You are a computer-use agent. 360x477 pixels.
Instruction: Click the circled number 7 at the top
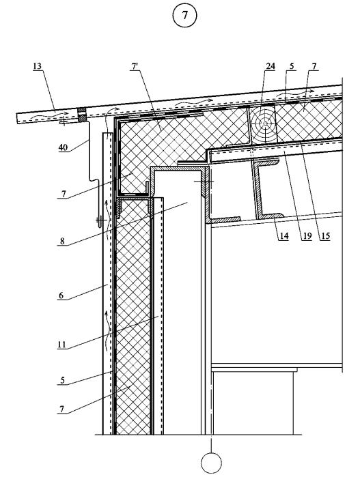pyautogui.click(x=184, y=15)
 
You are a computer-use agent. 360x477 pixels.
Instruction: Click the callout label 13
pyautogui.click(x=37, y=66)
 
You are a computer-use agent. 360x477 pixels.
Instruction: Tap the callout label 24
pyautogui.click(x=271, y=66)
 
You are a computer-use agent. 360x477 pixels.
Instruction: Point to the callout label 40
pyautogui.click(x=63, y=147)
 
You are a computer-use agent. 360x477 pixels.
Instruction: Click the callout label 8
pyautogui.click(x=62, y=242)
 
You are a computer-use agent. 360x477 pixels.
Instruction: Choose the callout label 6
pyautogui.click(x=61, y=295)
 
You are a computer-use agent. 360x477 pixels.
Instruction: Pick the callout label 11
pyautogui.click(x=62, y=345)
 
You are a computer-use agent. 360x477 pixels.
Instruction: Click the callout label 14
pyautogui.click(x=283, y=235)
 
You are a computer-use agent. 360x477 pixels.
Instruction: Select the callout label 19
pyautogui.click(x=307, y=235)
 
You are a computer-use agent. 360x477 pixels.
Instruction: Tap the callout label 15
pyautogui.click(x=325, y=235)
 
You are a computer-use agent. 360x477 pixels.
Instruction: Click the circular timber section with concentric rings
pyautogui.click(x=265, y=124)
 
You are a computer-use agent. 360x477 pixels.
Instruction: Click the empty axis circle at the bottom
pyautogui.click(x=211, y=463)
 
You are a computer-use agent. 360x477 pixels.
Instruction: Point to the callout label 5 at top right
pyautogui.click(x=292, y=66)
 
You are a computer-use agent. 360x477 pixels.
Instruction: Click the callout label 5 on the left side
pyautogui.click(x=62, y=380)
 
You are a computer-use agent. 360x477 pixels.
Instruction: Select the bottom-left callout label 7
pyautogui.click(x=62, y=409)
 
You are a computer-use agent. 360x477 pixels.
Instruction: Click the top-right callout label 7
pyautogui.click(x=314, y=66)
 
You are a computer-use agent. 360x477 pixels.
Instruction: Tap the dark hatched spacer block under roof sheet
pyautogui.click(x=81, y=115)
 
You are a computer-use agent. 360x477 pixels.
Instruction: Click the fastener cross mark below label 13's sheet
pyautogui.click(x=64, y=122)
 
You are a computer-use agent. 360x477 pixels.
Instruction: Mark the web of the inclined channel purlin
pyautogui.click(x=255, y=189)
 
